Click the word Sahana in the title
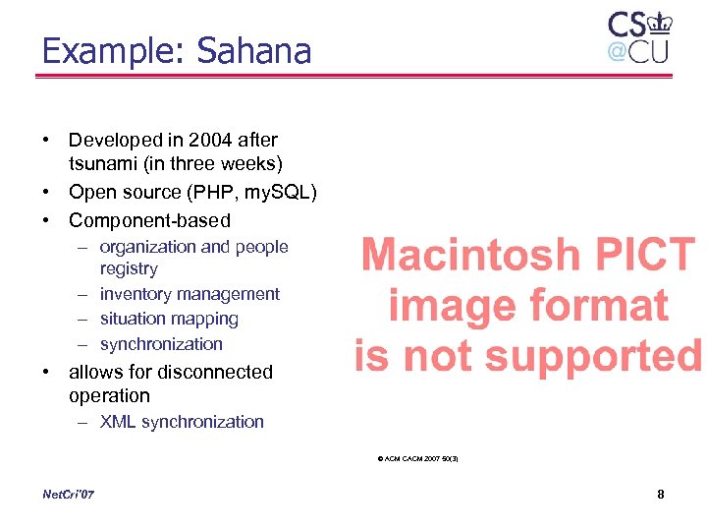(254, 51)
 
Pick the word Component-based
(149, 220)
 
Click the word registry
(129, 268)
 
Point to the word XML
(119, 422)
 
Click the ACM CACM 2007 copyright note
(417, 458)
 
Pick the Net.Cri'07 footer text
(70, 494)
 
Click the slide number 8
(661, 494)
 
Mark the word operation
(109, 395)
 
